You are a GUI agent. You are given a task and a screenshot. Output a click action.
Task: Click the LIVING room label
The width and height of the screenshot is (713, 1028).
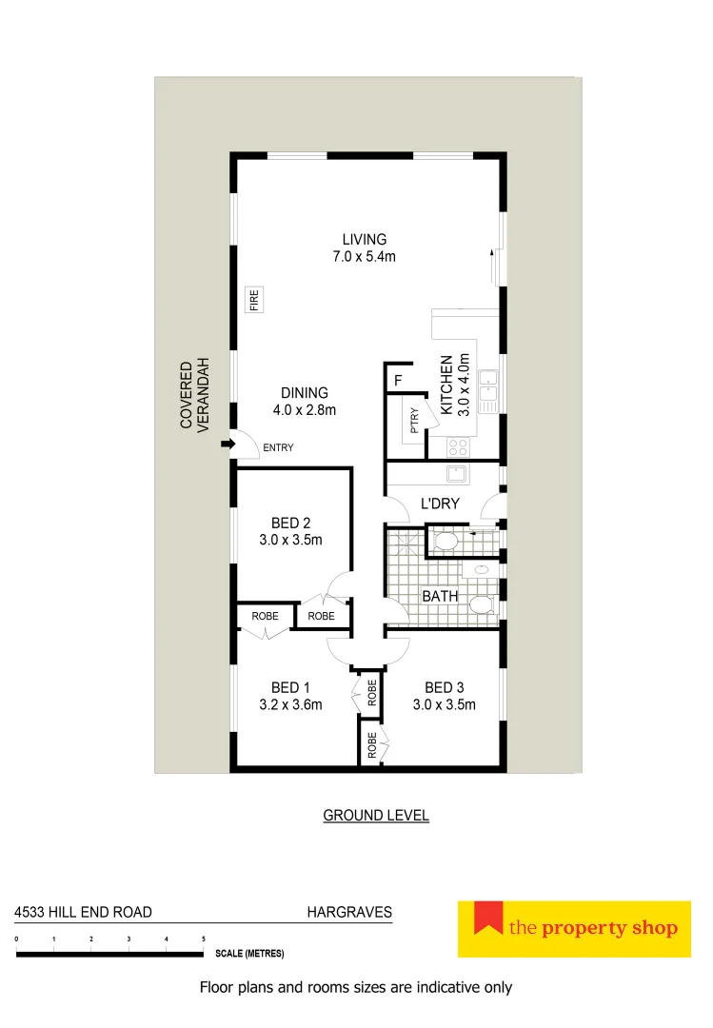coord(365,239)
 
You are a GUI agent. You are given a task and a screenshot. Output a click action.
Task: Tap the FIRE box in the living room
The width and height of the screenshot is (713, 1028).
coord(254,301)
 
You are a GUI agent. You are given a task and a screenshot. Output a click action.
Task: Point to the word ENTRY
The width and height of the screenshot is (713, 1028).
coord(278,447)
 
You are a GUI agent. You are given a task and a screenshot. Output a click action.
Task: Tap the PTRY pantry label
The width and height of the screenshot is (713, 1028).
coord(414,420)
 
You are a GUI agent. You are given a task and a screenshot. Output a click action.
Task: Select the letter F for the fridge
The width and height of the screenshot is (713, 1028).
coord(398,383)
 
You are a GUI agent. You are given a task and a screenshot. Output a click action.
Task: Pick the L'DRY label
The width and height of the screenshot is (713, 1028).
coord(440,504)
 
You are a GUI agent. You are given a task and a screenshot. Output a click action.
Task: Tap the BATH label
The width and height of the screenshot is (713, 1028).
coord(440,597)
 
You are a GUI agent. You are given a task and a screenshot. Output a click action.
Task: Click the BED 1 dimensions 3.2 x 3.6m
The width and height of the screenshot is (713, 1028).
coord(290,705)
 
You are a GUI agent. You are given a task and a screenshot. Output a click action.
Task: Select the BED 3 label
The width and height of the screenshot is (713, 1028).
coord(444,687)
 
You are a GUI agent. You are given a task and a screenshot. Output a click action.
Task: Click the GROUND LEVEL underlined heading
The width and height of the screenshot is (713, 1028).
coord(376,816)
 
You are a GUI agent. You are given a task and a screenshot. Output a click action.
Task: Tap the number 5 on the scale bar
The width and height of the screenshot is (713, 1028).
coord(204,939)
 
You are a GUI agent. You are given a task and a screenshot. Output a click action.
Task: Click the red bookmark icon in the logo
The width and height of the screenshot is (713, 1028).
coord(488,918)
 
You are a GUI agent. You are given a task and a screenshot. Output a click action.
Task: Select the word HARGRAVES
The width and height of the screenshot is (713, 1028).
coord(348,912)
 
